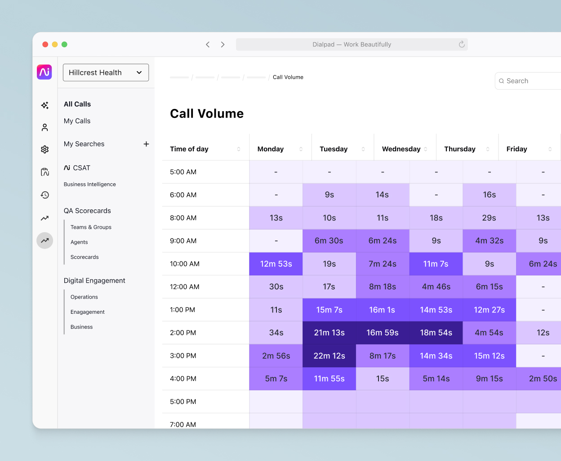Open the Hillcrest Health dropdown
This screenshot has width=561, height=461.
point(106,72)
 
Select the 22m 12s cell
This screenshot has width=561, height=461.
point(329,356)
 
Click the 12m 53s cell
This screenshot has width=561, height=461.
point(276,264)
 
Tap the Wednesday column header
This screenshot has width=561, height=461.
point(401,149)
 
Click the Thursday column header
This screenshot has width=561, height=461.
point(459,149)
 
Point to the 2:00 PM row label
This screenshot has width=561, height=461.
point(183,333)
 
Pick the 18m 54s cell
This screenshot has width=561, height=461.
point(436,333)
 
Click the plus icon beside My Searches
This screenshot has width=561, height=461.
point(146,144)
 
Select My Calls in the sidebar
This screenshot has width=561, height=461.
point(77,121)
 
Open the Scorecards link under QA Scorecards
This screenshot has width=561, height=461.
point(85,257)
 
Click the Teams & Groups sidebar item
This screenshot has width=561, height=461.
point(91,227)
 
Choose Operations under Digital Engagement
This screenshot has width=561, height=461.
point(84,297)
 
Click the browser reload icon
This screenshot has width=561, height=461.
point(462,45)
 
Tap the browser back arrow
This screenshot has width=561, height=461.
point(208,45)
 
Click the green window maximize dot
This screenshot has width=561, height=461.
point(64,45)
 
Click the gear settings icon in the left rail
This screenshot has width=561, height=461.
point(45,149)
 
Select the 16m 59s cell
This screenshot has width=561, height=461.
point(383,333)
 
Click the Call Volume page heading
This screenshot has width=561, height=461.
point(207,113)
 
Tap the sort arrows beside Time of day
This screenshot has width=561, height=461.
point(239,149)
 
